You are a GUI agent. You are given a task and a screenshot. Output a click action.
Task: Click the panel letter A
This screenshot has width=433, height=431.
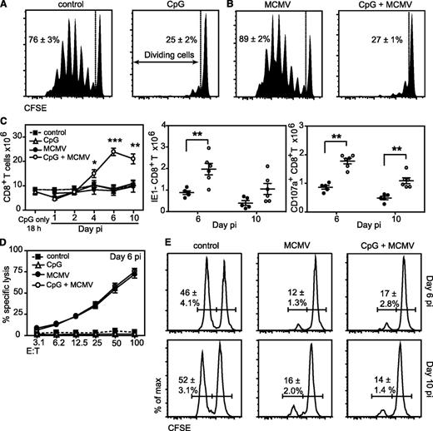click(x=7, y=7)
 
